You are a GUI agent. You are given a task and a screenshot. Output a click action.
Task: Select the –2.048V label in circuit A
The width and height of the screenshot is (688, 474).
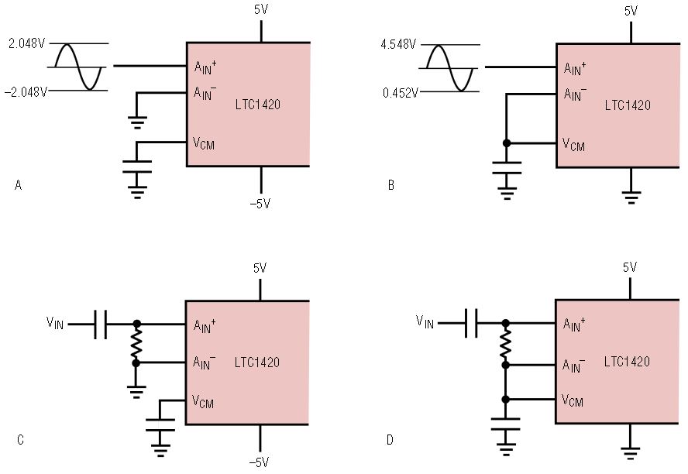pos(26,91)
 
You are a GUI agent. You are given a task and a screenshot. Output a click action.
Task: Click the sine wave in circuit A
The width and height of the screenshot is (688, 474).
pos(77,67)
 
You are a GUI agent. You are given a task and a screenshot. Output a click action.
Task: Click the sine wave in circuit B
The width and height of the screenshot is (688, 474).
pos(449,68)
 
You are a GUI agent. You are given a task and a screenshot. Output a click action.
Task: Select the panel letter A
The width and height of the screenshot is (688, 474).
pos(18,185)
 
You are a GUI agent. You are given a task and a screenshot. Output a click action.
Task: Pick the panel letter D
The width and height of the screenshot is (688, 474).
pos(389,440)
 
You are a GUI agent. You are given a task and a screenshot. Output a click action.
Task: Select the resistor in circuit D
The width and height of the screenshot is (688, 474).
pos(506,341)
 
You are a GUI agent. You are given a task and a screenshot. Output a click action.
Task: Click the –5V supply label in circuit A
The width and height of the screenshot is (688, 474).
pos(261,204)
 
